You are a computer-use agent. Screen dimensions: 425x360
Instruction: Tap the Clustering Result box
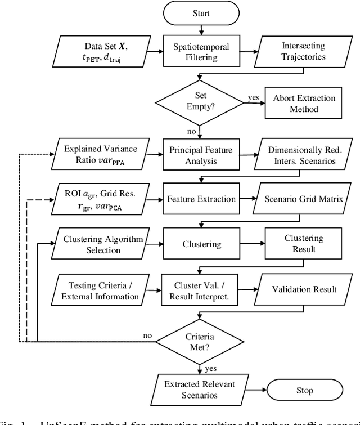pyautogui.click(x=304, y=244)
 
